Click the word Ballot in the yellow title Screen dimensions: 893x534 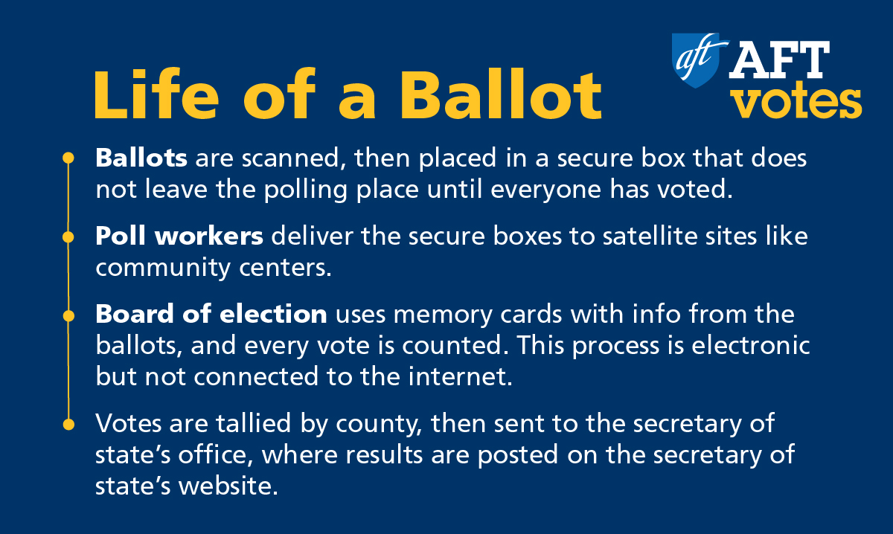(x=501, y=95)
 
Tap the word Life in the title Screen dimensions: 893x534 (x=157, y=94)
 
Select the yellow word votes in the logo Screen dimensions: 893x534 (x=798, y=103)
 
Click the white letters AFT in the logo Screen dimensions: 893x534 (x=779, y=59)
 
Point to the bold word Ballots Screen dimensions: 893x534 (x=141, y=158)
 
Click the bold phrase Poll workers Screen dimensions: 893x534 (x=179, y=236)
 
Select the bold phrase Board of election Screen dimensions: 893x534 (x=211, y=314)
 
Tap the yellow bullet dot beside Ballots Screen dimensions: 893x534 (x=68, y=158)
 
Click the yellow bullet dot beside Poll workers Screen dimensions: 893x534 (x=68, y=237)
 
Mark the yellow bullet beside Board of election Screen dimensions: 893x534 (x=68, y=316)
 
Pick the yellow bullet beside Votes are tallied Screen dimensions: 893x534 (x=68, y=425)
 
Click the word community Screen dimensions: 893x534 (x=164, y=268)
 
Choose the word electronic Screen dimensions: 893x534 (x=750, y=345)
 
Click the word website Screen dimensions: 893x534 (x=228, y=486)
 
